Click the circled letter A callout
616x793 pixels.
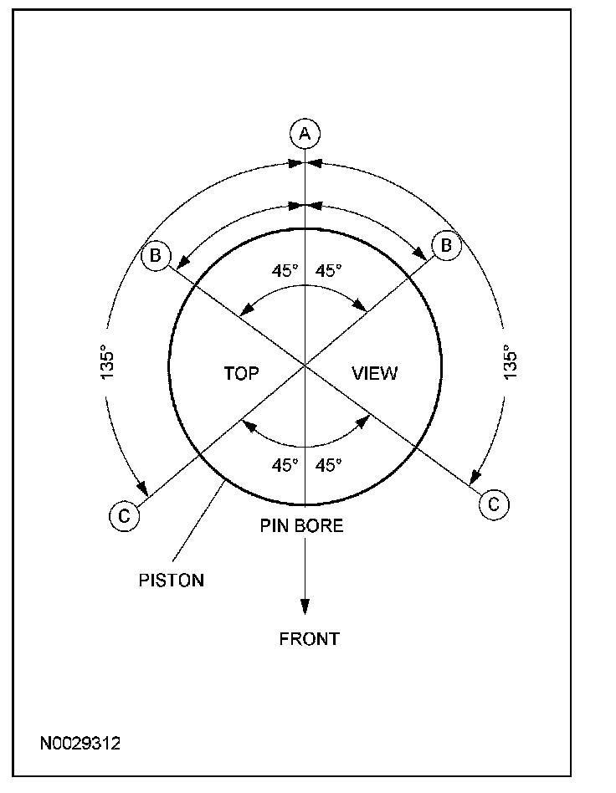pos(305,133)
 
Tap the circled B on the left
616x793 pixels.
pos(157,255)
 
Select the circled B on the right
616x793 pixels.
pos(445,245)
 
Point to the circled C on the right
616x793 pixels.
pos(493,504)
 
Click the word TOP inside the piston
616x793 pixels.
pos(241,373)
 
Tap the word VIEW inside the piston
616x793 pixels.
pos(374,373)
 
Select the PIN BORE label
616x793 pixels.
pos(301,526)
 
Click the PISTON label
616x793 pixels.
pos(171,580)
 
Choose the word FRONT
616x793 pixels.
pos(309,639)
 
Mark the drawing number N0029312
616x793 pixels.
pos(80,743)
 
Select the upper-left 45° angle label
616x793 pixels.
pos(285,271)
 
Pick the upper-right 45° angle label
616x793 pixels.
pos(329,271)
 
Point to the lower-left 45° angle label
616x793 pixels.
pos(285,466)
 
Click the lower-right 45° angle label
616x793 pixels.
pos(329,466)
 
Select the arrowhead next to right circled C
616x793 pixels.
pos(475,477)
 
